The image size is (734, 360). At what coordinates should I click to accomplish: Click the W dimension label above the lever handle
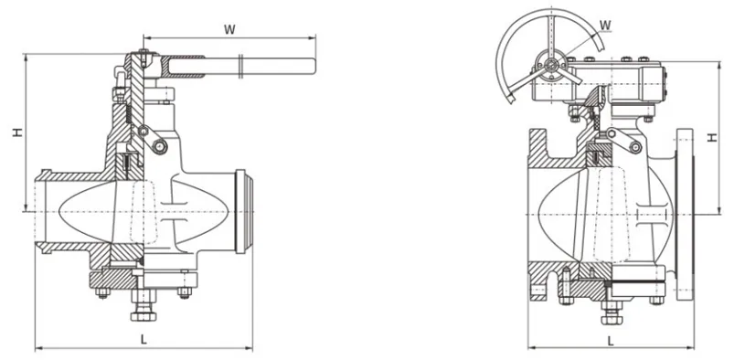tap(230, 28)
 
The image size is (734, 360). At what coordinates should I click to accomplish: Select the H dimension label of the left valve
tap(17, 133)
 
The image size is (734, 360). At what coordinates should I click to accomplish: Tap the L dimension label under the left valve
tap(144, 339)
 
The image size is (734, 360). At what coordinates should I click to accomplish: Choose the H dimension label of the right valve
tap(712, 138)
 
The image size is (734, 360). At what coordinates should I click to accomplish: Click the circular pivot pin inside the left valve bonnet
tap(161, 149)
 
